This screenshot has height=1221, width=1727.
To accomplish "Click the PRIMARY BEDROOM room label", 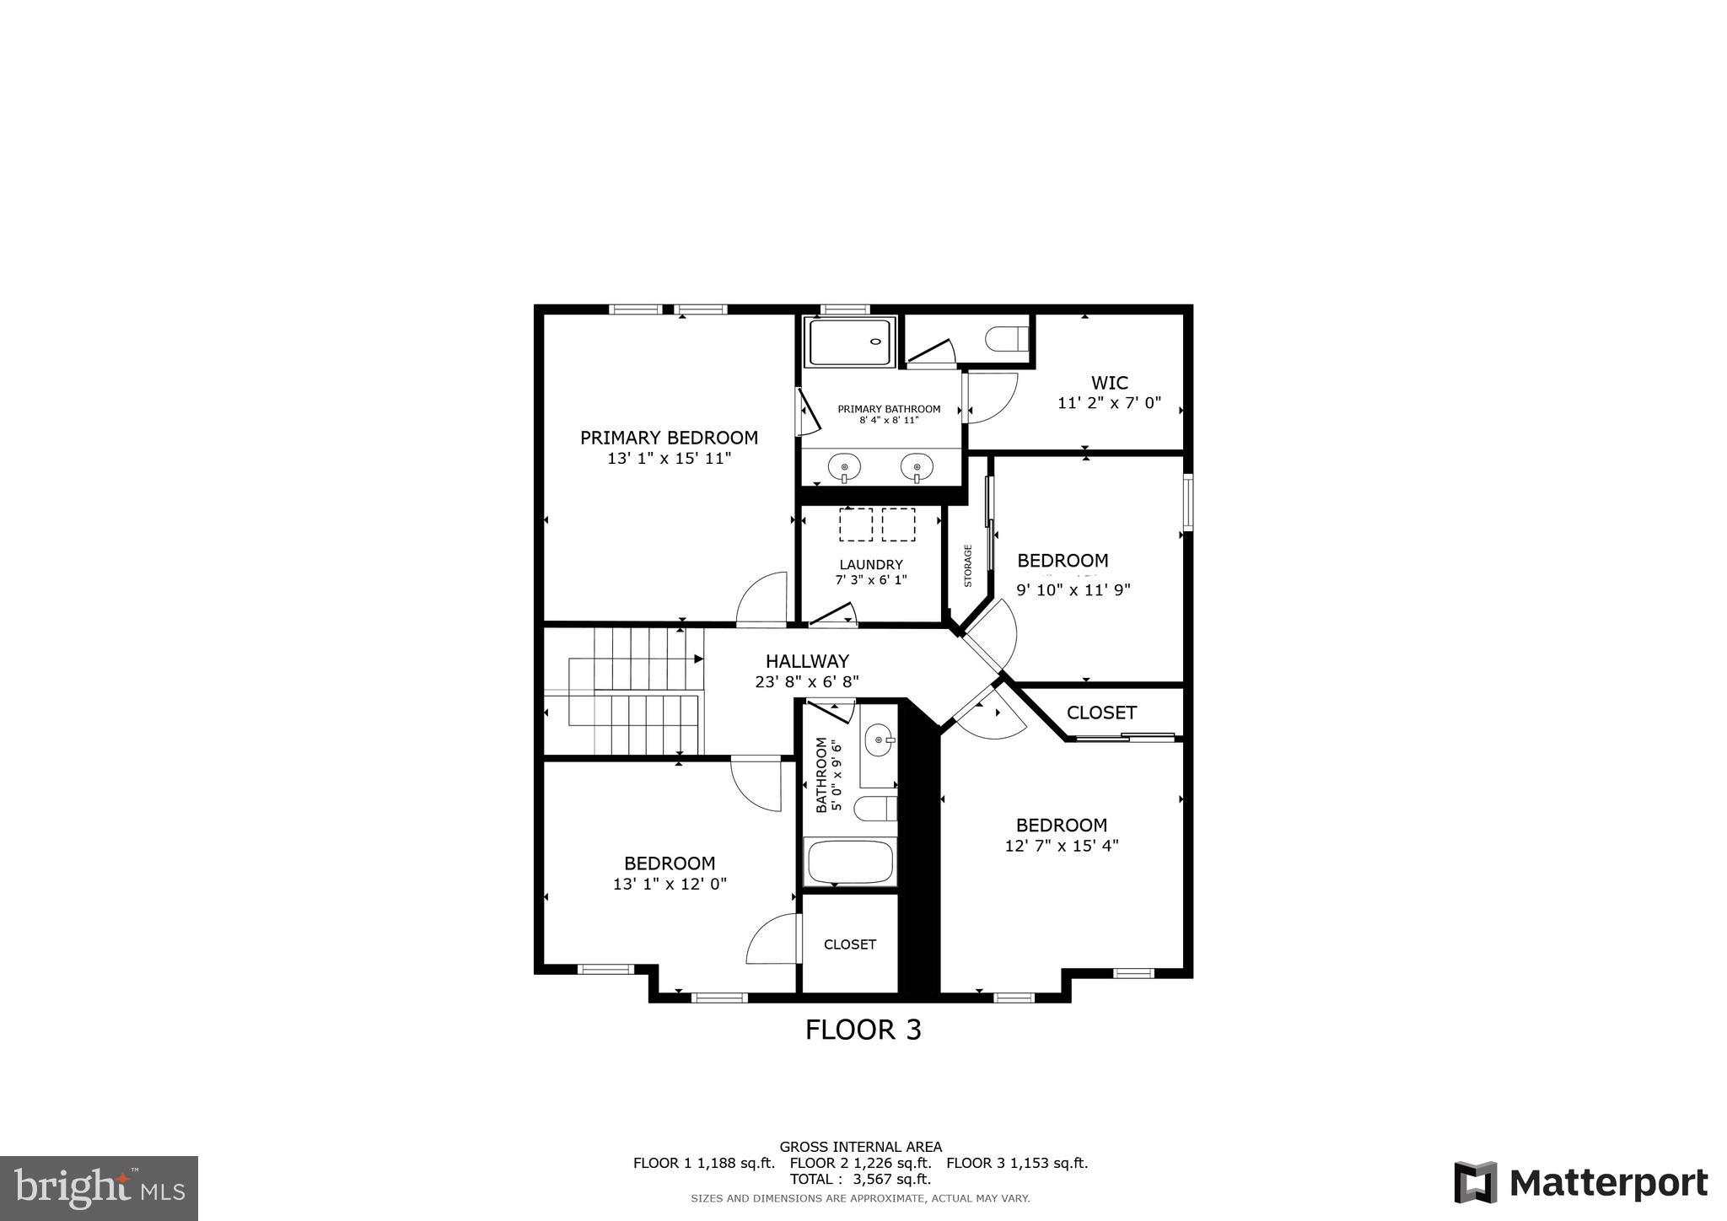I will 669,438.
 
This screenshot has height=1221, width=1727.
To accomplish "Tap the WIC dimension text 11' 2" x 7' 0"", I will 1109,403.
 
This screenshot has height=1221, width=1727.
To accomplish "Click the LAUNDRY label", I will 871,564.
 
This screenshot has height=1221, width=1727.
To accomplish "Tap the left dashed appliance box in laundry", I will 856,524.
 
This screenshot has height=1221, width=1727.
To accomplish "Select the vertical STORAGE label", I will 968,566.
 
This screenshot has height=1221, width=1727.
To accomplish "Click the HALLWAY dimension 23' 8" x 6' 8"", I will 807,682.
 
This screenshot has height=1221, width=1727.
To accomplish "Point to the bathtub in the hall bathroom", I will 850,862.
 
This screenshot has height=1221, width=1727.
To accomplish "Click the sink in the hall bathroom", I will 880,740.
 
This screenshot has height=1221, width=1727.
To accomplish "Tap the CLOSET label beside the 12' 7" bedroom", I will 1101,713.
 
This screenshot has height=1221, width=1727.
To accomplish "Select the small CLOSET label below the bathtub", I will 850,944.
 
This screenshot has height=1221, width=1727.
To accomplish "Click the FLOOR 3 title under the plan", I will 863,1030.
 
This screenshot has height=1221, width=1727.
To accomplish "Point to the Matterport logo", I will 1580,1183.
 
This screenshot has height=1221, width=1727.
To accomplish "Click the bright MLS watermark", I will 100,1188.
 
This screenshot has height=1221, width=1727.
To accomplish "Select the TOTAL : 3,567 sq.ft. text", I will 860,1179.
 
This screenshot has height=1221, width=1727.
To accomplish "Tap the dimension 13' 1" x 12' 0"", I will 670,884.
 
